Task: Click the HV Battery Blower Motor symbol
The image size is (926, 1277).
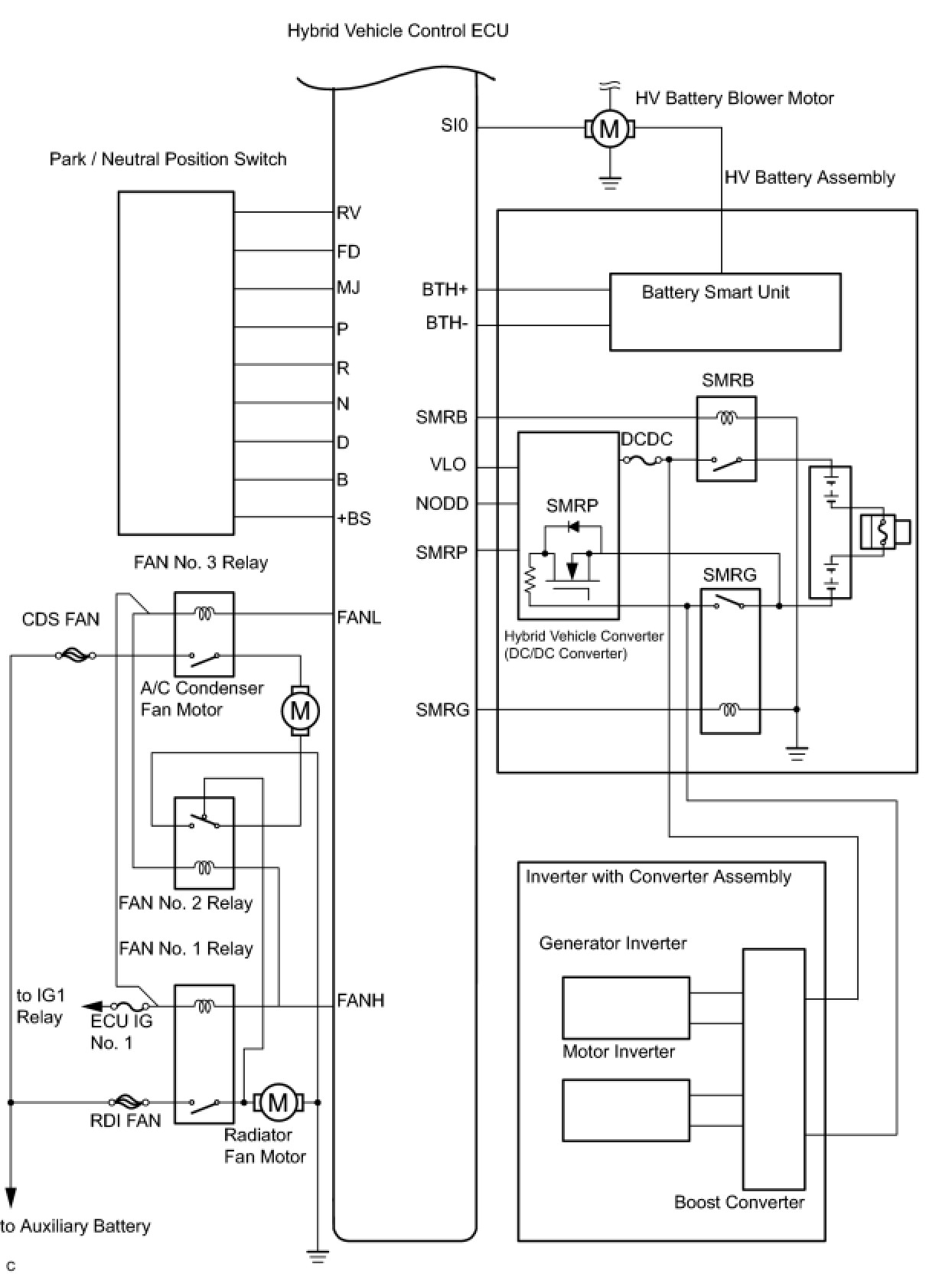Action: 609,129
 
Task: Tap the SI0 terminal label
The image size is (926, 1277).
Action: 454,125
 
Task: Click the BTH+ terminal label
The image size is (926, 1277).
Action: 445,289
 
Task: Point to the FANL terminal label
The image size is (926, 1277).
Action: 359,617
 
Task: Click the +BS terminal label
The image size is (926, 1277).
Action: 354,518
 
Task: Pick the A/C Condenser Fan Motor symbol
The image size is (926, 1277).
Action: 300,710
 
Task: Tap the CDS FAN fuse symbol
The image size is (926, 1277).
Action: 76,655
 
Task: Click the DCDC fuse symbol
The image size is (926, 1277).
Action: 641,459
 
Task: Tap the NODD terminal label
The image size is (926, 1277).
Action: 442,504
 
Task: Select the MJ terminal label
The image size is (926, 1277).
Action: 349,287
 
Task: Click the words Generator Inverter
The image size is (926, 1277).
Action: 612,943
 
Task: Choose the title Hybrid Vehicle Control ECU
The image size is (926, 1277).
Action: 398,30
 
